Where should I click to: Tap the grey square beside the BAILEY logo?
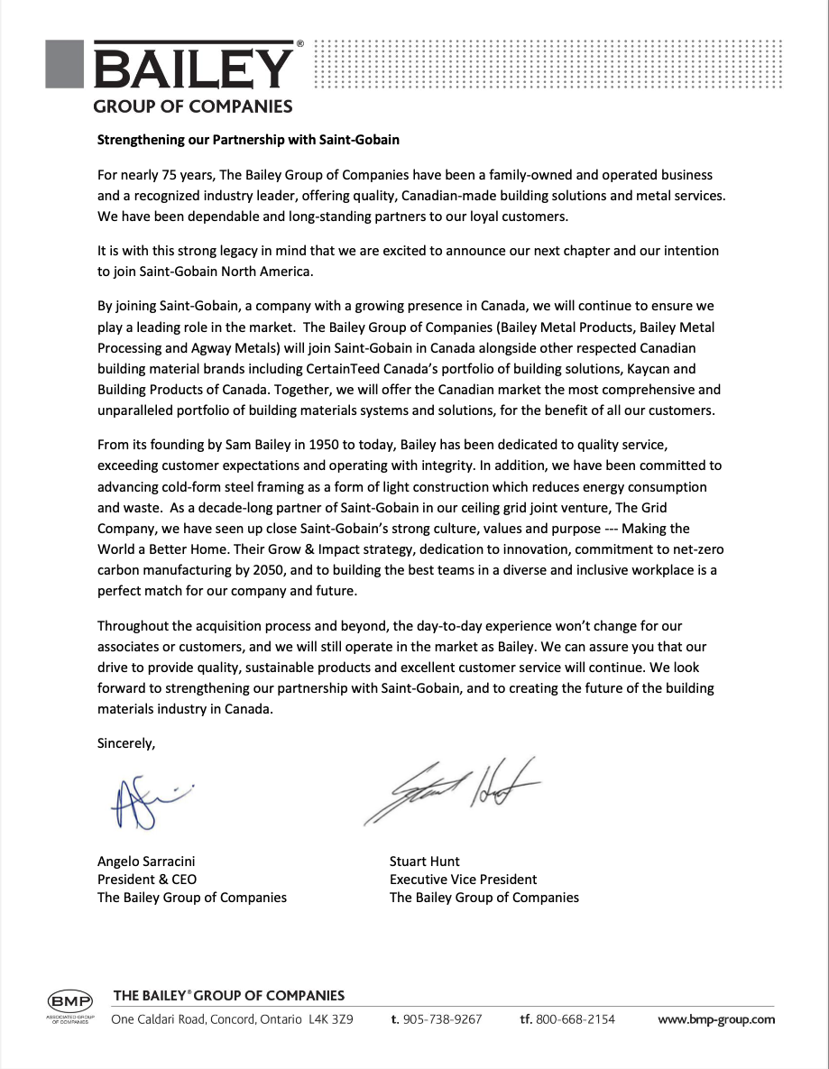[x=66, y=63]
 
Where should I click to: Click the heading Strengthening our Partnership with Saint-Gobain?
[x=248, y=140]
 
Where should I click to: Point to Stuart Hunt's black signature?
[x=451, y=790]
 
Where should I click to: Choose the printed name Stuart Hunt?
[x=425, y=861]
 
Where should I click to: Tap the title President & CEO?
[x=147, y=879]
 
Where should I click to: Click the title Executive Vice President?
[x=463, y=879]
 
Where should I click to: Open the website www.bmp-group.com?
[x=716, y=1019]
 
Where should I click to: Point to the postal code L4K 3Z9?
[x=330, y=1019]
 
